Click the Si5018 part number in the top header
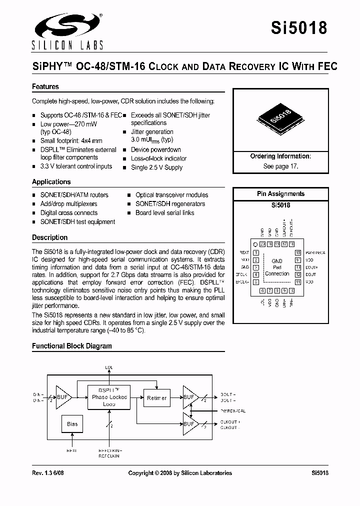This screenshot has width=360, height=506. click(299, 28)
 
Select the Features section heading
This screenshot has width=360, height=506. click(45, 86)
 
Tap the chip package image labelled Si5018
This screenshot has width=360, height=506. click(280, 118)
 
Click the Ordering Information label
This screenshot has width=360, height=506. click(280, 156)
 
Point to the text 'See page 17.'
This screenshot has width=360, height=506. click(280, 166)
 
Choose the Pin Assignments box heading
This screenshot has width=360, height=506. click(280, 193)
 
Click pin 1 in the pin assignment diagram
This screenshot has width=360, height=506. click(255, 253)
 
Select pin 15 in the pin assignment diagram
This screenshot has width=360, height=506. click(298, 253)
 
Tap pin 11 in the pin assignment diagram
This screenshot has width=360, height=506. click(298, 282)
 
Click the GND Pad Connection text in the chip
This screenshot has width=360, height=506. click(277, 267)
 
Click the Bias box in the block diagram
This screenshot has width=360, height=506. click(72, 424)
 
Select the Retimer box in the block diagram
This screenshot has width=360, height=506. click(157, 397)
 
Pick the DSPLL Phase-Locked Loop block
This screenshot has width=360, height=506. click(109, 397)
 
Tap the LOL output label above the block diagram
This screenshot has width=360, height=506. click(109, 367)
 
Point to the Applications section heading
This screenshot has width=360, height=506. click(51, 181)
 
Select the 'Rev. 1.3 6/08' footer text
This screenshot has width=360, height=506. click(49, 472)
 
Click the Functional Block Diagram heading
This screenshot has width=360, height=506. click(72, 345)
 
